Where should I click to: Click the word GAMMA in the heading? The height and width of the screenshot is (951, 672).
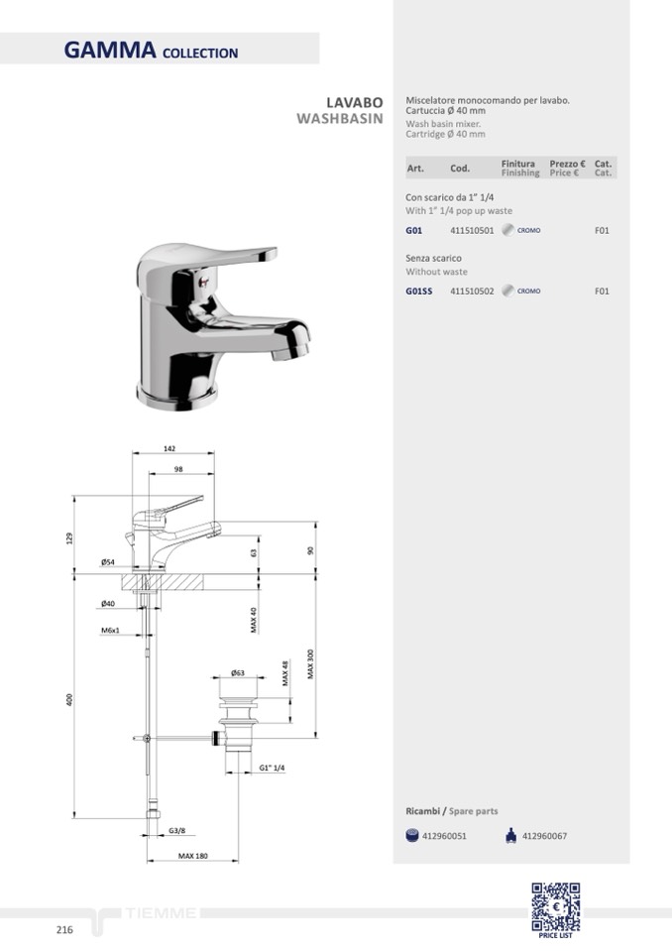click(x=110, y=50)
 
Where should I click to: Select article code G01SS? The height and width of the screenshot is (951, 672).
click(x=419, y=292)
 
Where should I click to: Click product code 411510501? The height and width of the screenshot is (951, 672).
click(x=472, y=230)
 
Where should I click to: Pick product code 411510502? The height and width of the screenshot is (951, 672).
click(x=472, y=292)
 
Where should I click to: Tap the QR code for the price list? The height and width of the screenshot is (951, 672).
click(x=556, y=906)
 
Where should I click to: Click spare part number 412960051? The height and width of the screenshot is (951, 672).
click(x=444, y=836)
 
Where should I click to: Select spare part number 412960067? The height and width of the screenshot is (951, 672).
click(x=544, y=836)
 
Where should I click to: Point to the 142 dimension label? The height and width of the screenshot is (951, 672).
click(x=169, y=448)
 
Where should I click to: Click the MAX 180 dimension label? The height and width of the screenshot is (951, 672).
click(x=192, y=856)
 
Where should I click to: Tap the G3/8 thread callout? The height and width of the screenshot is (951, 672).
click(x=177, y=831)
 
